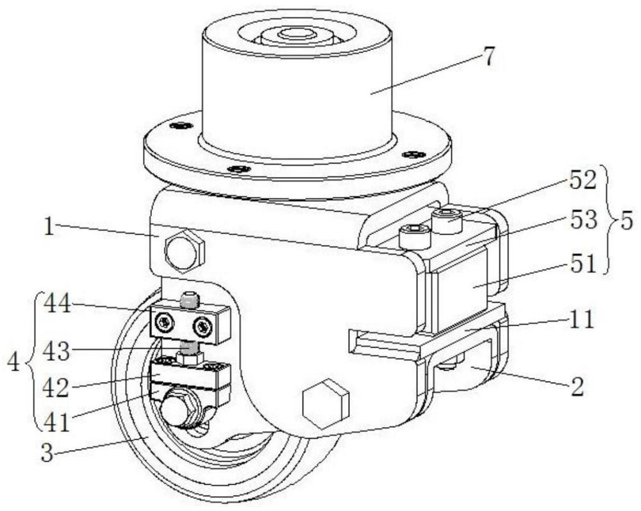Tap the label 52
click(583, 180)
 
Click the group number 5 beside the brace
click(626, 221)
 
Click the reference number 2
click(578, 386)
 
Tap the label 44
click(57, 304)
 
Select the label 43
click(57, 351)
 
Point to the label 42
click(57, 387)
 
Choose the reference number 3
click(47, 453)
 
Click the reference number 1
click(49, 226)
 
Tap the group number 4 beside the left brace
click(14, 362)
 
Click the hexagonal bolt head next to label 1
click(184, 251)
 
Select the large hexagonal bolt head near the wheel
click(326, 404)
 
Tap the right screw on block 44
click(203, 326)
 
